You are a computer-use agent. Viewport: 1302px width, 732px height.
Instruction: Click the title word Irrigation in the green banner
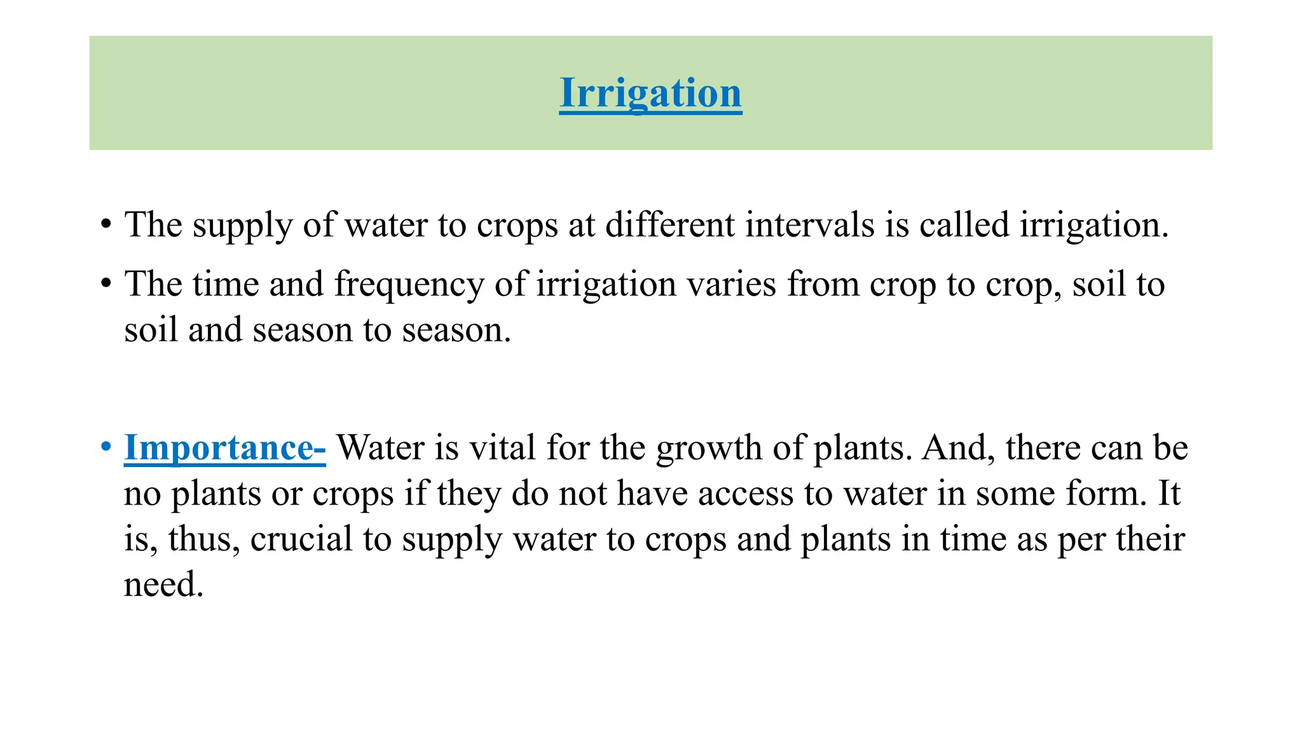(650, 93)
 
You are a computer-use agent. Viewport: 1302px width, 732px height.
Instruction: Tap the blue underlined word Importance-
(224, 447)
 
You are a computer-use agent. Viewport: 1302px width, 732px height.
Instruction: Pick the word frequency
(409, 284)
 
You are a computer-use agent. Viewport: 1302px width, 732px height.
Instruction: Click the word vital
(502, 447)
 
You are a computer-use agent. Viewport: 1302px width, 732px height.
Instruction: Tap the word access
(746, 494)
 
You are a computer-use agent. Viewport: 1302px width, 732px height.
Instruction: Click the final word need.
(163, 585)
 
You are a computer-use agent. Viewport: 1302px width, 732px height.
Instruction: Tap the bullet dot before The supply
(106, 225)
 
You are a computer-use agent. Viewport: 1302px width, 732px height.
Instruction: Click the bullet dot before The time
(106, 284)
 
